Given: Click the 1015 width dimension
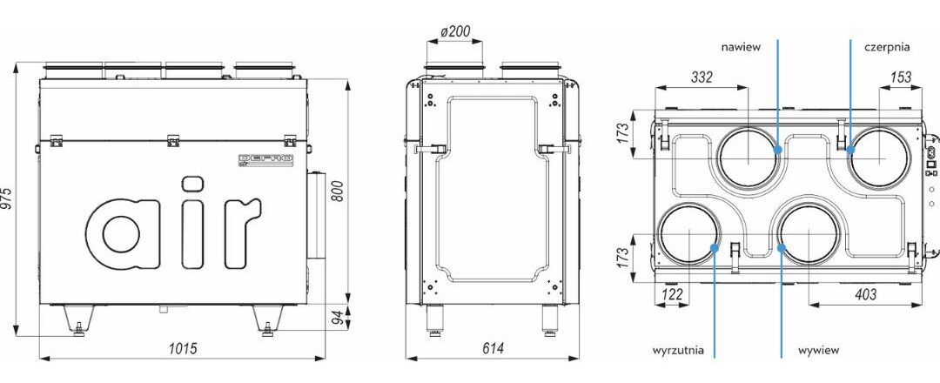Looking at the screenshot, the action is point(182,348).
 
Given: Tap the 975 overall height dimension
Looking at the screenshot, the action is point(8,198).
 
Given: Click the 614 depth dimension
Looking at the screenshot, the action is point(492,348).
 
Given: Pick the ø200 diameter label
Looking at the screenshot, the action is point(455,31).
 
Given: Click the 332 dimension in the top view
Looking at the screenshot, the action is point(702,77).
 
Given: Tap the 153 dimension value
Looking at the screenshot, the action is point(901,77).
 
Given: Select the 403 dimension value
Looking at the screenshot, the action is point(864,294).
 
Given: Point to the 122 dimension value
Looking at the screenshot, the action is point(671,294).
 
